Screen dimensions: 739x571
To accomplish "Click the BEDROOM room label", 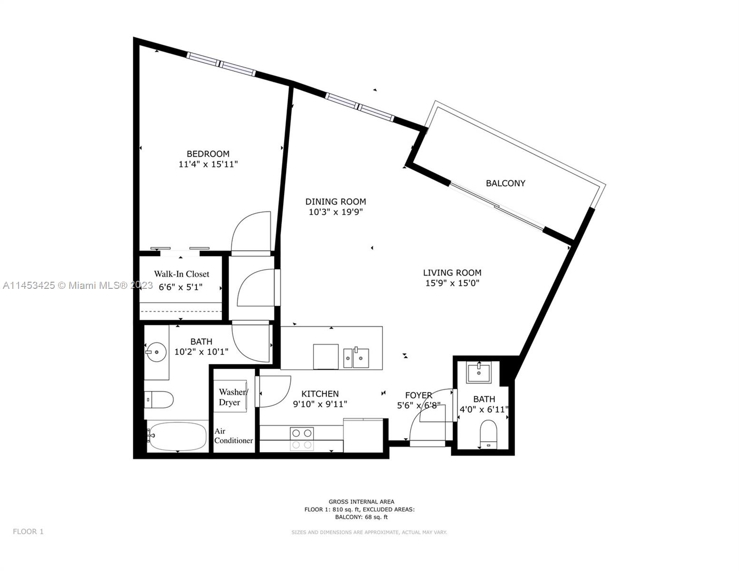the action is pyautogui.click(x=208, y=154).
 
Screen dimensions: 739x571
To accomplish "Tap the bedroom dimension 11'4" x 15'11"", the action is pyautogui.click(x=208, y=164).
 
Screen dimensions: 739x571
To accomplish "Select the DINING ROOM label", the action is pyautogui.click(x=335, y=202).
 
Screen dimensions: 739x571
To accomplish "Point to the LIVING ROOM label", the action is pyautogui.click(x=452, y=272).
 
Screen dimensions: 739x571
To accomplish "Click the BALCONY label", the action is pyautogui.click(x=505, y=183).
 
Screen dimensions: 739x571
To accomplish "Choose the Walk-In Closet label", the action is pyautogui.click(x=182, y=274).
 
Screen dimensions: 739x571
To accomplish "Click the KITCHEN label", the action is pyautogui.click(x=320, y=394).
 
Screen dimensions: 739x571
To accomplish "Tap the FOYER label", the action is pyautogui.click(x=419, y=395).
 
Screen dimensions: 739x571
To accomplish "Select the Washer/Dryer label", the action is pyautogui.click(x=233, y=397).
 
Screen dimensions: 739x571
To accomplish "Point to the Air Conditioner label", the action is pyautogui.click(x=233, y=436).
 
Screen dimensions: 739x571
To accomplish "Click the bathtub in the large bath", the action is pyautogui.click(x=177, y=436).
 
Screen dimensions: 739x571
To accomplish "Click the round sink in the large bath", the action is pyautogui.click(x=156, y=352).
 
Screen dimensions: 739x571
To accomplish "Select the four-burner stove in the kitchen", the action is pyautogui.click(x=302, y=439).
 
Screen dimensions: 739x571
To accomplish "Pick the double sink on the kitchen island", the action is pyautogui.click(x=356, y=357).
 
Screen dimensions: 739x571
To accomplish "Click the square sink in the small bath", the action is pyautogui.click(x=479, y=373).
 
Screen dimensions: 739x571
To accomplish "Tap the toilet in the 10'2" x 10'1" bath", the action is pyautogui.click(x=159, y=400).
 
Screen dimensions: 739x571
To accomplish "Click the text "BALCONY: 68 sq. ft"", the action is pyautogui.click(x=361, y=517).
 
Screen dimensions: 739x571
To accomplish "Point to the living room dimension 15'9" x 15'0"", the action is pyautogui.click(x=453, y=283).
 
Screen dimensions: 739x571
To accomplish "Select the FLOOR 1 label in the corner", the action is pyautogui.click(x=28, y=532).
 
